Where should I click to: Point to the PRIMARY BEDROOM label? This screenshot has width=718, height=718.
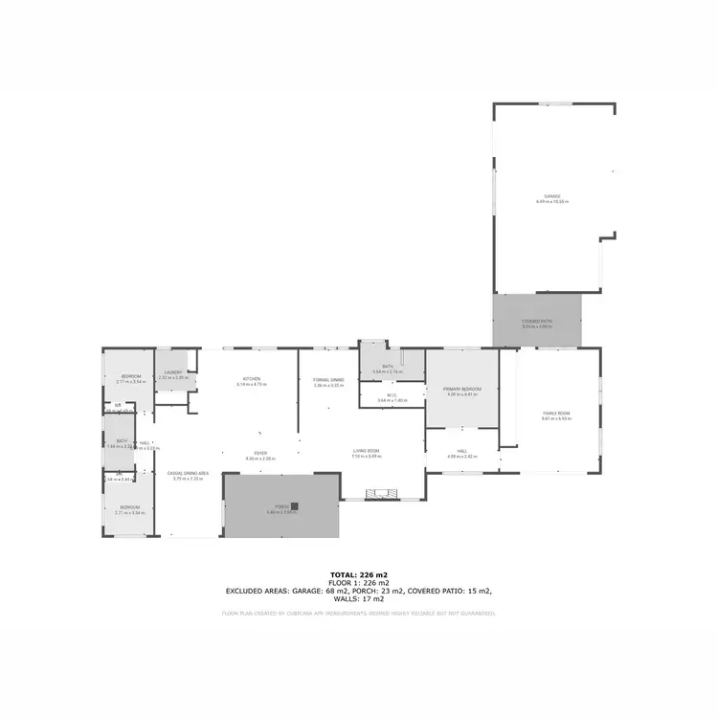pos(461,389)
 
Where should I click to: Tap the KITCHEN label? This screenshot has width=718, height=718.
pos(252,379)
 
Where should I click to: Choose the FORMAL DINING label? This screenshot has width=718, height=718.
pos(328,380)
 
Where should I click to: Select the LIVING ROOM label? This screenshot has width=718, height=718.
pos(367,451)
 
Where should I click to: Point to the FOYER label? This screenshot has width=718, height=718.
pos(260,453)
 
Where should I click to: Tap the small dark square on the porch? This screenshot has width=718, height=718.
pos(295,505)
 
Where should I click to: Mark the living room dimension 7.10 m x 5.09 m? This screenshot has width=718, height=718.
pos(367,457)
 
